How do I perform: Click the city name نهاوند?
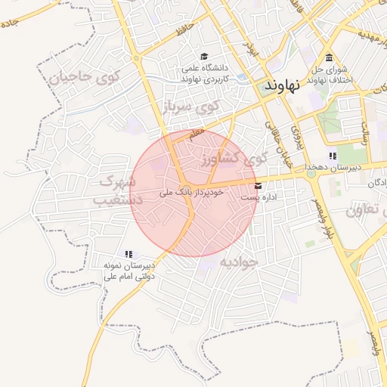[283, 85]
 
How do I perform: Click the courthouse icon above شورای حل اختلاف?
[329, 58]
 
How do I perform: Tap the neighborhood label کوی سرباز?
[201, 107]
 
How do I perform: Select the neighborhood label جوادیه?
[240, 262]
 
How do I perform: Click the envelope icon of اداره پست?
[259, 184]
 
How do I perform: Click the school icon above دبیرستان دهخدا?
[333, 156]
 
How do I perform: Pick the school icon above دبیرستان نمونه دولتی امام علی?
[128, 254]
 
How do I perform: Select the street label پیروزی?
[297, 136]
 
